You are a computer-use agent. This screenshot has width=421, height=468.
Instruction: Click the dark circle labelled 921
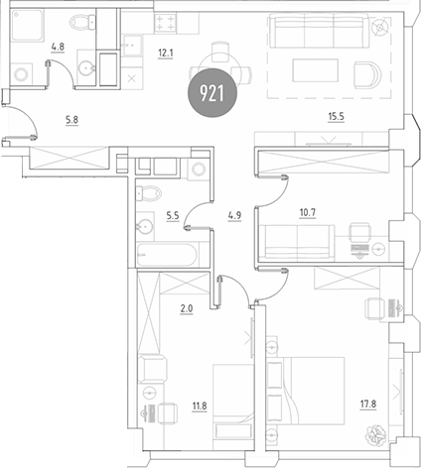[210, 96]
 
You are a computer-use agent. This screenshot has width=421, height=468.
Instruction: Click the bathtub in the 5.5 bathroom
[170, 253]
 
